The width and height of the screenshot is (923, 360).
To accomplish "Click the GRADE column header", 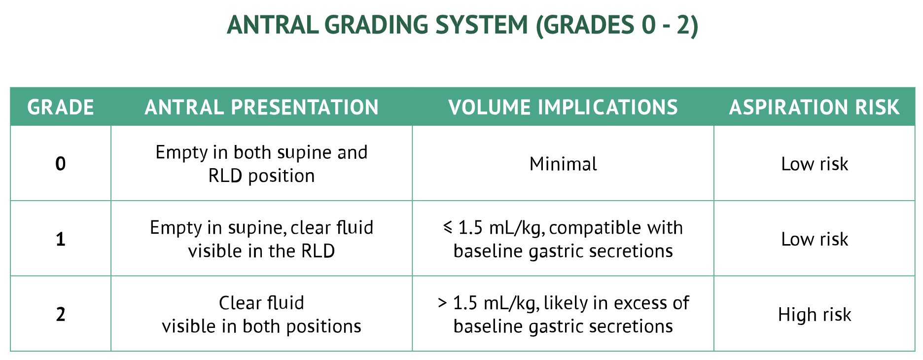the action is coord(61,108).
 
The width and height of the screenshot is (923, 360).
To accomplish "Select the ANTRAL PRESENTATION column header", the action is coord(261,108).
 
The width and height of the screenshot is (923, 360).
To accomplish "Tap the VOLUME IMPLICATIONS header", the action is coord(563,108).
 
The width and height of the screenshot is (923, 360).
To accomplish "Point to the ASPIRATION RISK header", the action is coord(815,108).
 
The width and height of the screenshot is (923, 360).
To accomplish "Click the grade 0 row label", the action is coord(61,164).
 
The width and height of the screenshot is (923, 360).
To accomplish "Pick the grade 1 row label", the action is coord(61,239).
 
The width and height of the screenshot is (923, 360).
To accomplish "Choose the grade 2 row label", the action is coord(61,314).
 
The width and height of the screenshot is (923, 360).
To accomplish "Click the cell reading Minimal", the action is coord(563,164).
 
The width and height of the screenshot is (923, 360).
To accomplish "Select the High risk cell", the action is coord(815,314).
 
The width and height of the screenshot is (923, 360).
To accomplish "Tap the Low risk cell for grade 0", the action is coord(815,164).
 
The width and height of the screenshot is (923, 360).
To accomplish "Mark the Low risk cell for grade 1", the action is coord(815,239).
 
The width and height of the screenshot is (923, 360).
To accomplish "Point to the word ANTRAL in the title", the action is coord(273,25).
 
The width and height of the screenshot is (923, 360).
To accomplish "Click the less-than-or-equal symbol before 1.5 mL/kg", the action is coord(448,227).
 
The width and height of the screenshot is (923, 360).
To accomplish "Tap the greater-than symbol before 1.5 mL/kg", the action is coord(442,303).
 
